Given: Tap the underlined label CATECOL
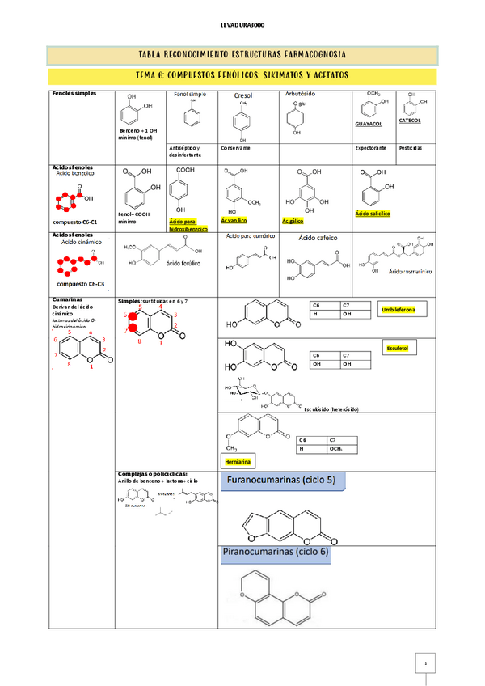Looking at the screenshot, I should click(410, 120).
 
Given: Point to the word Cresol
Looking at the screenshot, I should click(243, 95).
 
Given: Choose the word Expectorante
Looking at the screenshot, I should click(371, 148).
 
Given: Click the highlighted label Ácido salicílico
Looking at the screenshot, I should click(373, 214).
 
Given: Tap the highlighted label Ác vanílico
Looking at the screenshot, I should click(234, 220).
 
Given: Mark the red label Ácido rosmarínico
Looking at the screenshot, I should click(411, 272).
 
